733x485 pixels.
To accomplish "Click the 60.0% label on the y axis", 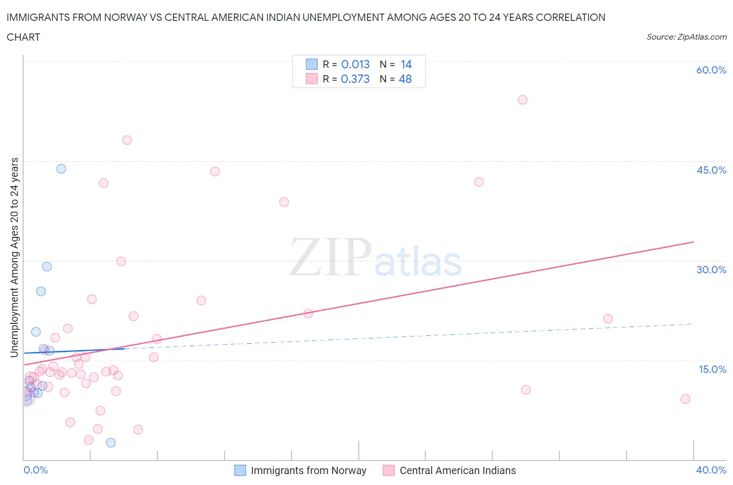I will point(711,70).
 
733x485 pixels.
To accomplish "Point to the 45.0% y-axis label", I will point(711,170).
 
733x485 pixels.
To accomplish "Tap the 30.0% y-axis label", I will point(711,270).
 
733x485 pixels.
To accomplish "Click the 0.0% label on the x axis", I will point(35,470).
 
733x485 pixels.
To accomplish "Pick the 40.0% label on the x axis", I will point(711,470).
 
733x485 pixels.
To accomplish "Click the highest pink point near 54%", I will point(522,100).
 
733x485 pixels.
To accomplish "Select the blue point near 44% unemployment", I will point(61,168).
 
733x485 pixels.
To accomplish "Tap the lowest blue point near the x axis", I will point(111,442).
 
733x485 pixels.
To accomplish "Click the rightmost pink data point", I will point(686,399).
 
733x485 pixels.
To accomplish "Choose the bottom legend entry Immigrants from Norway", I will point(308,470).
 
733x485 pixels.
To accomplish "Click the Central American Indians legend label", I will point(457,470).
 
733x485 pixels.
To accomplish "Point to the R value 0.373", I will point(355,79).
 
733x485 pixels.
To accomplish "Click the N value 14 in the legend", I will point(406,64).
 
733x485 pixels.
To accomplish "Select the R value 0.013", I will point(355,64).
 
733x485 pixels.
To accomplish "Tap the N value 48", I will point(405,79).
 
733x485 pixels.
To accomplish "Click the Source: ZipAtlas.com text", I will point(686,37).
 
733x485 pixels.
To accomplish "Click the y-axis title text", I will point(14,257).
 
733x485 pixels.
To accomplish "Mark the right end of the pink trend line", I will point(693,242).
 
